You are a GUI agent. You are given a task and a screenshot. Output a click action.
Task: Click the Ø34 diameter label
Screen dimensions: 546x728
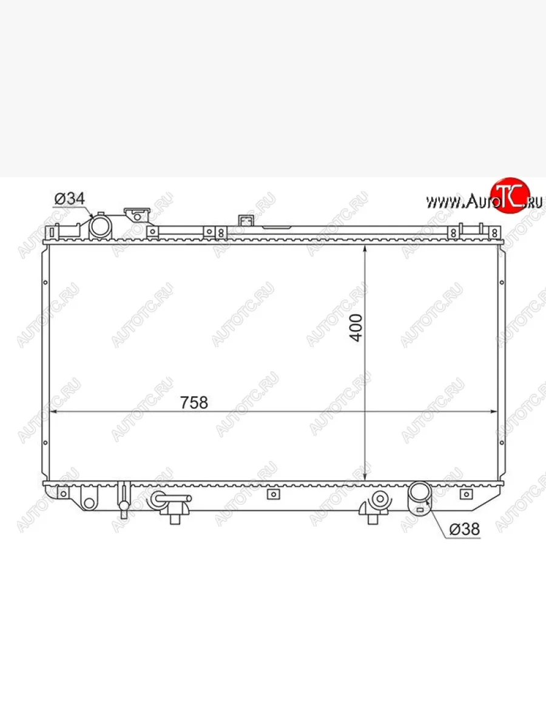pyautogui.click(x=70, y=198)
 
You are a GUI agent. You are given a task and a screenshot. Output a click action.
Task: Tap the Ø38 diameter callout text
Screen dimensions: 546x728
pyautogui.click(x=464, y=528)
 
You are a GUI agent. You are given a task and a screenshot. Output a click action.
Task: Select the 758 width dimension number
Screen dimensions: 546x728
pyautogui.click(x=194, y=402)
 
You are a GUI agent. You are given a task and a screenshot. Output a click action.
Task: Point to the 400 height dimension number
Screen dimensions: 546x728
pyautogui.click(x=356, y=328)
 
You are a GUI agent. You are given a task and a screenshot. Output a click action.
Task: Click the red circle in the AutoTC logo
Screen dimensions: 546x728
pyautogui.click(x=510, y=195)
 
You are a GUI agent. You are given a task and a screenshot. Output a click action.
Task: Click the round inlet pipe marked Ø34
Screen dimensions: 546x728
pyautogui.click(x=101, y=227)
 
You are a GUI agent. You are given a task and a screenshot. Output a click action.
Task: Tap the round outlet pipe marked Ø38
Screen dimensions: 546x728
pyautogui.click(x=419, y=493)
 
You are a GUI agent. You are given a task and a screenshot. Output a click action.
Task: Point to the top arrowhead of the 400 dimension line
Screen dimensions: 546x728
pyautogui.click(x=365, y=250)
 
